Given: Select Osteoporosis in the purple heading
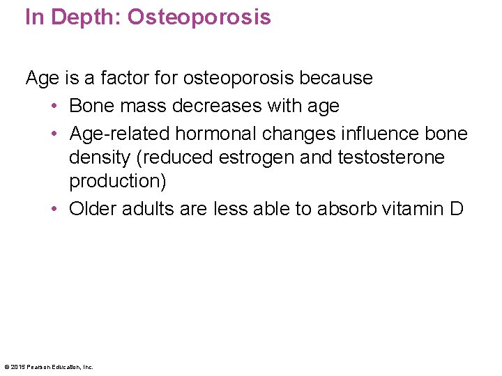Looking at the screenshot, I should tap(199, 17).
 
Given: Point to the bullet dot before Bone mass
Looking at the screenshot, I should tap(54, 107).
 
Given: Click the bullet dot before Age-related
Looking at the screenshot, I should tap(54, 134).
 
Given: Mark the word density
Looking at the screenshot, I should tap(100, 157).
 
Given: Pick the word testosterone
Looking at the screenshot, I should tap(390, 157).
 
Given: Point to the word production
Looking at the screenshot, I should tap(117, 181).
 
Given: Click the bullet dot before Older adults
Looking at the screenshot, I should tap(54, 210).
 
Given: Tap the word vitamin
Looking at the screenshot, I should tap(414, 209).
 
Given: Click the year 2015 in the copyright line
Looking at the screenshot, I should tap(17, 367).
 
